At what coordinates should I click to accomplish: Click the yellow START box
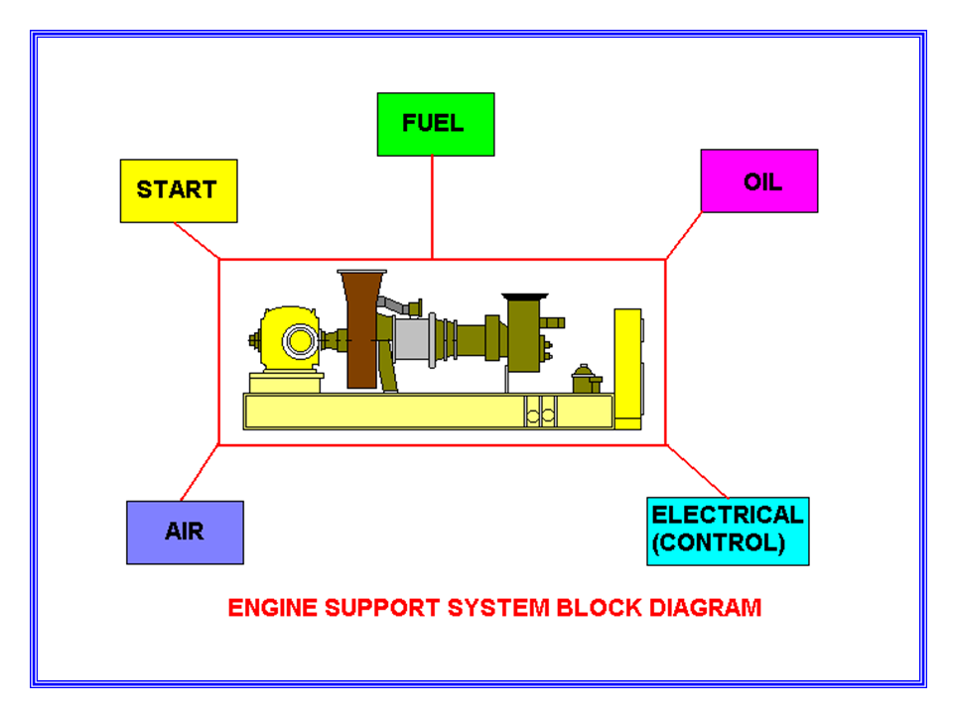click(x=178, y=190)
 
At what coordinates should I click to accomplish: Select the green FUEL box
click(x=435, y=124)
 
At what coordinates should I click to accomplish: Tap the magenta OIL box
click(x=758, y=181)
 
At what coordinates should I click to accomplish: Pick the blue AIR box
click(x=185, y=532)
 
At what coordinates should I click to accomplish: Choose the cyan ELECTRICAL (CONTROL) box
click(x=727, y=531)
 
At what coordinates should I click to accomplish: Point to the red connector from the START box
click(x=197, y=240)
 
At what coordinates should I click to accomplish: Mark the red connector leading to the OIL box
click(x=683, y=235)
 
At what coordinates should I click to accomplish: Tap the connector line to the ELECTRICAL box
click(x=697, y=472)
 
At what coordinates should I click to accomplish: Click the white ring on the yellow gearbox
click(x=298, y=341)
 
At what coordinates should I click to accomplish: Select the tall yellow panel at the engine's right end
click(x=626, y=367)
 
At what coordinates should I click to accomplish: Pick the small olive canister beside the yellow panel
click(x=586, y=379)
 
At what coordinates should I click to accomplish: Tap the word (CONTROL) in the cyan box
click(x=718, y=543)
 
